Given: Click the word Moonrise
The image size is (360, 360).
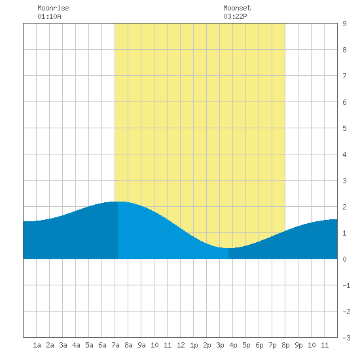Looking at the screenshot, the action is click(x=53, y=8).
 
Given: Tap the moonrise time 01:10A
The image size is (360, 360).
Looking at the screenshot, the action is click(x=49, y=16).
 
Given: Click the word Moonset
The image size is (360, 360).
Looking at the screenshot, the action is click(x=237, y=8).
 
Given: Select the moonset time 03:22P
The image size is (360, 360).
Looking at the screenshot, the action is click(x=236, y=16).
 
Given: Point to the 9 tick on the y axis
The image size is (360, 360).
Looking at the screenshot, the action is click(x=344, y=24).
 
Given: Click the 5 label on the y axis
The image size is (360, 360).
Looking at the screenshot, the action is click(x=344, y=128).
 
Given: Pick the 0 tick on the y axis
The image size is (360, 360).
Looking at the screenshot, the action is click(x=344, y=259).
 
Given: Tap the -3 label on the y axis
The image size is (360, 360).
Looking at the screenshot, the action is click(x=346, y=338).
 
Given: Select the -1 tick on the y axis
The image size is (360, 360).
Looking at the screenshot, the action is click(x=346, y=285).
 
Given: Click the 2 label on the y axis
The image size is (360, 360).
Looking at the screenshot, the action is click(x=344, y=207).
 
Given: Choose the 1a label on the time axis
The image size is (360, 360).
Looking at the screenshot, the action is click(x=37, y=345).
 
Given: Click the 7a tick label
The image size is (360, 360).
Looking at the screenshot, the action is click(x=115, y=345).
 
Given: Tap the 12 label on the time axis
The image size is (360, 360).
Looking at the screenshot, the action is click(x=181, y=345).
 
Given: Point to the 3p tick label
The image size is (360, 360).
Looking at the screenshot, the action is click(x=220, y=345).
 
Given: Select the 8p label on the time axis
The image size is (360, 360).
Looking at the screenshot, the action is click(x=285, y=345).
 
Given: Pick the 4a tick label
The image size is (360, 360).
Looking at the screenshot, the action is click(x=76, y=345).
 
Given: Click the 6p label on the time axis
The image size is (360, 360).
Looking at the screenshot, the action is click(x=259, y=345).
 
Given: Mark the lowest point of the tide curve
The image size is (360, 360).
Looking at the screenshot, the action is click(x=227, y=248).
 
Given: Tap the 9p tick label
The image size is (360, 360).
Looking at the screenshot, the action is click(x=298, y=345).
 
